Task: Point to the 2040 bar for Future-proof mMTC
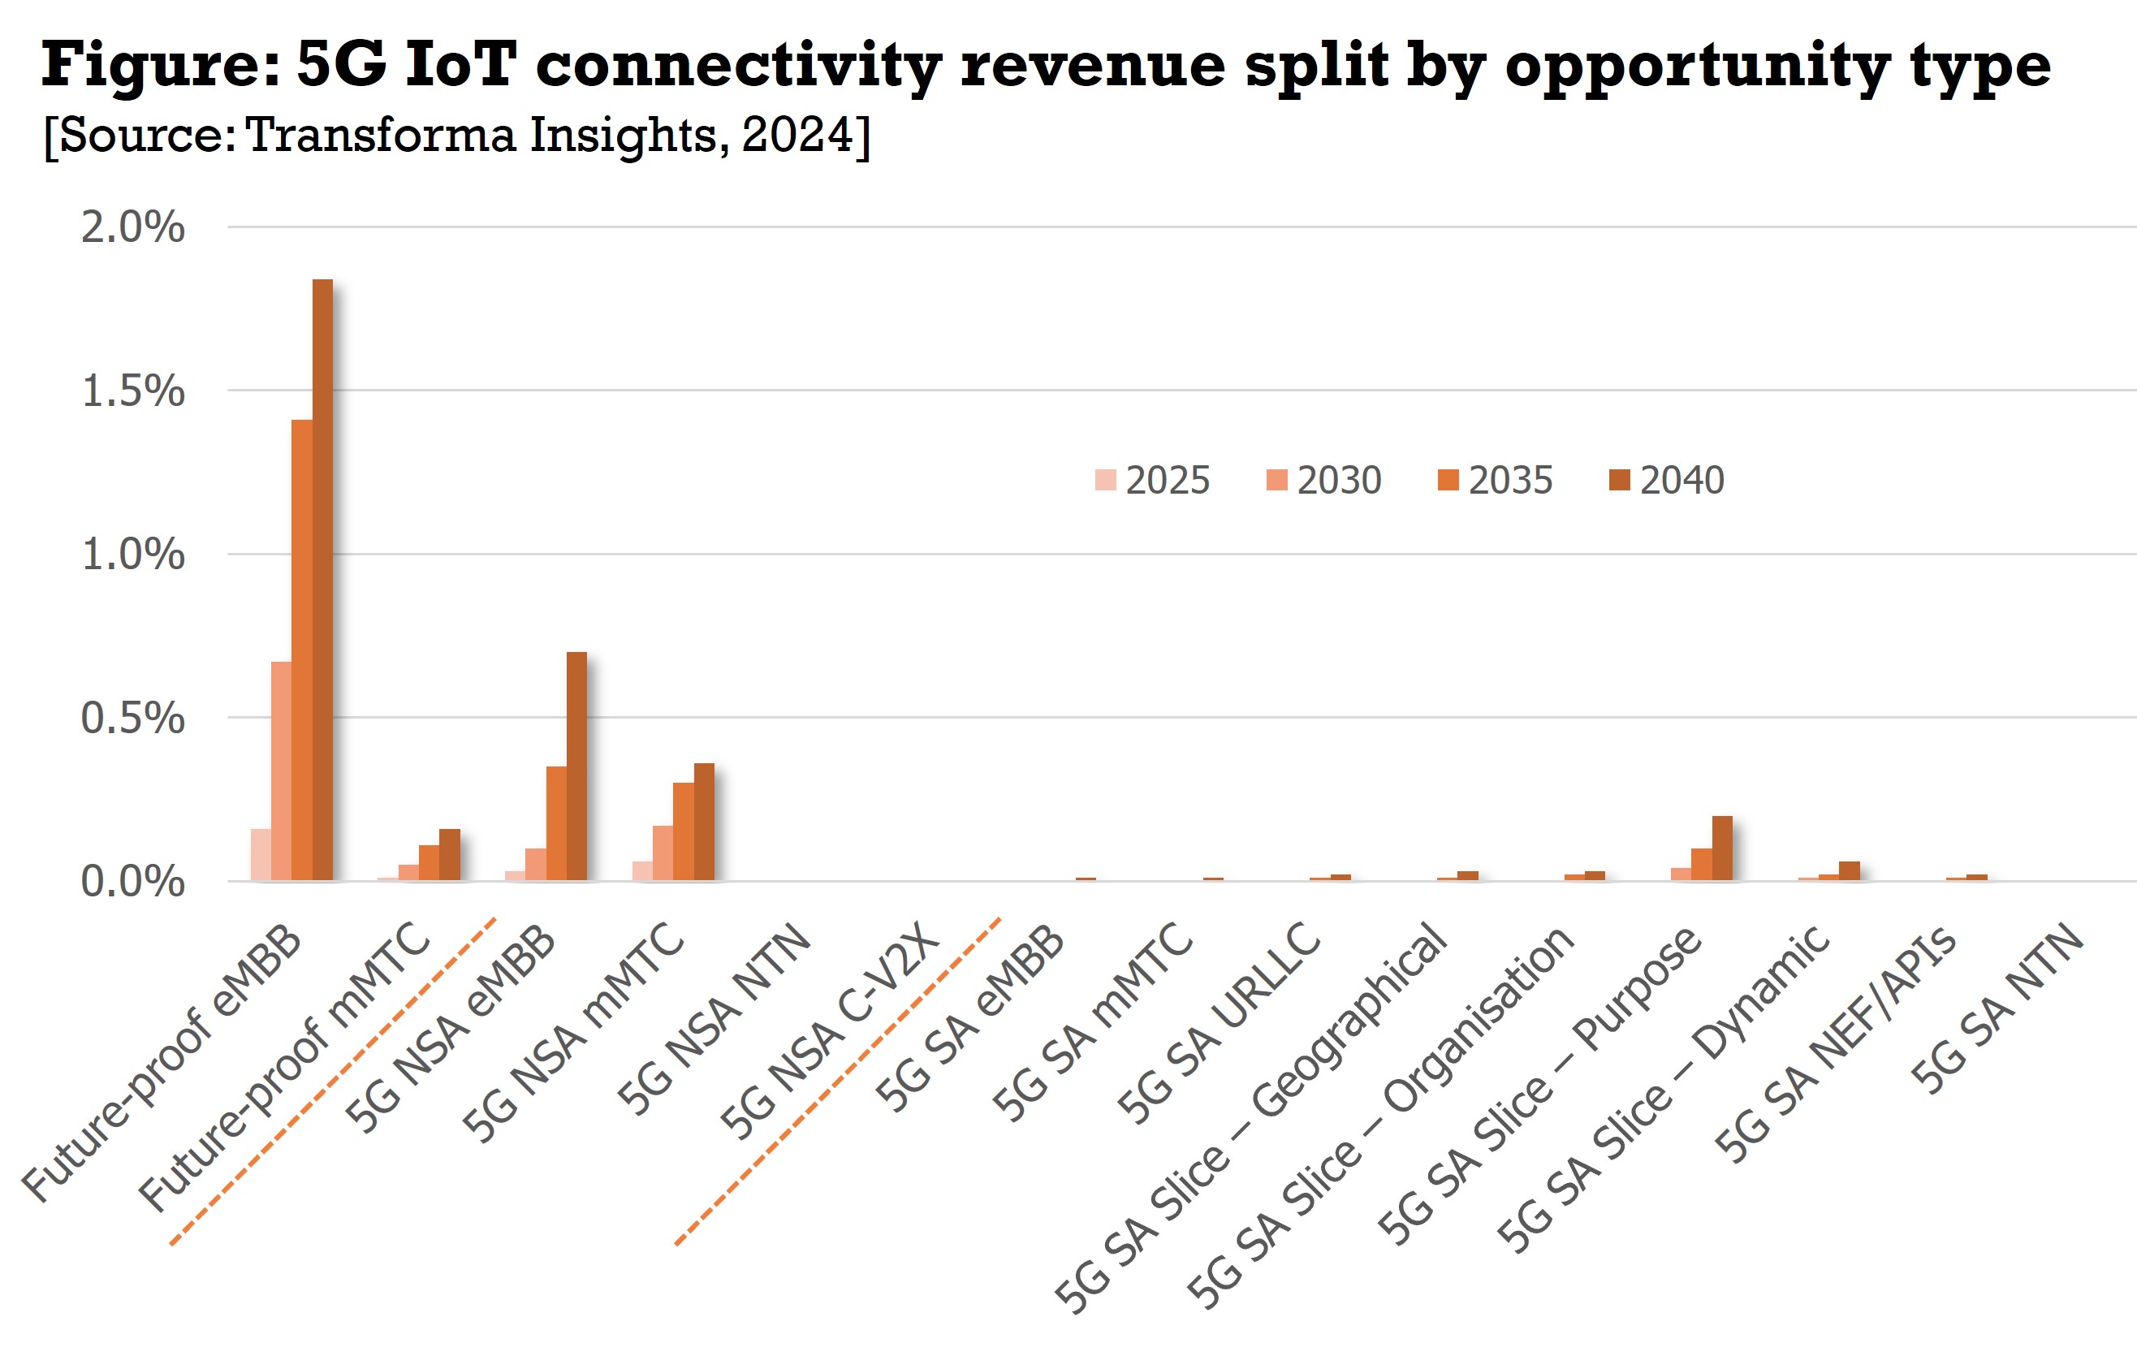tap(450, 854)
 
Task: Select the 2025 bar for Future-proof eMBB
tap(261, 854)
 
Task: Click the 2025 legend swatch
tap(1105, 479)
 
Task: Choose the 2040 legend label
tap(1682, 480)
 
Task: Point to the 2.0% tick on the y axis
tap(133, 227)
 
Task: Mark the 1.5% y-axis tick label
tap(133, 391)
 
